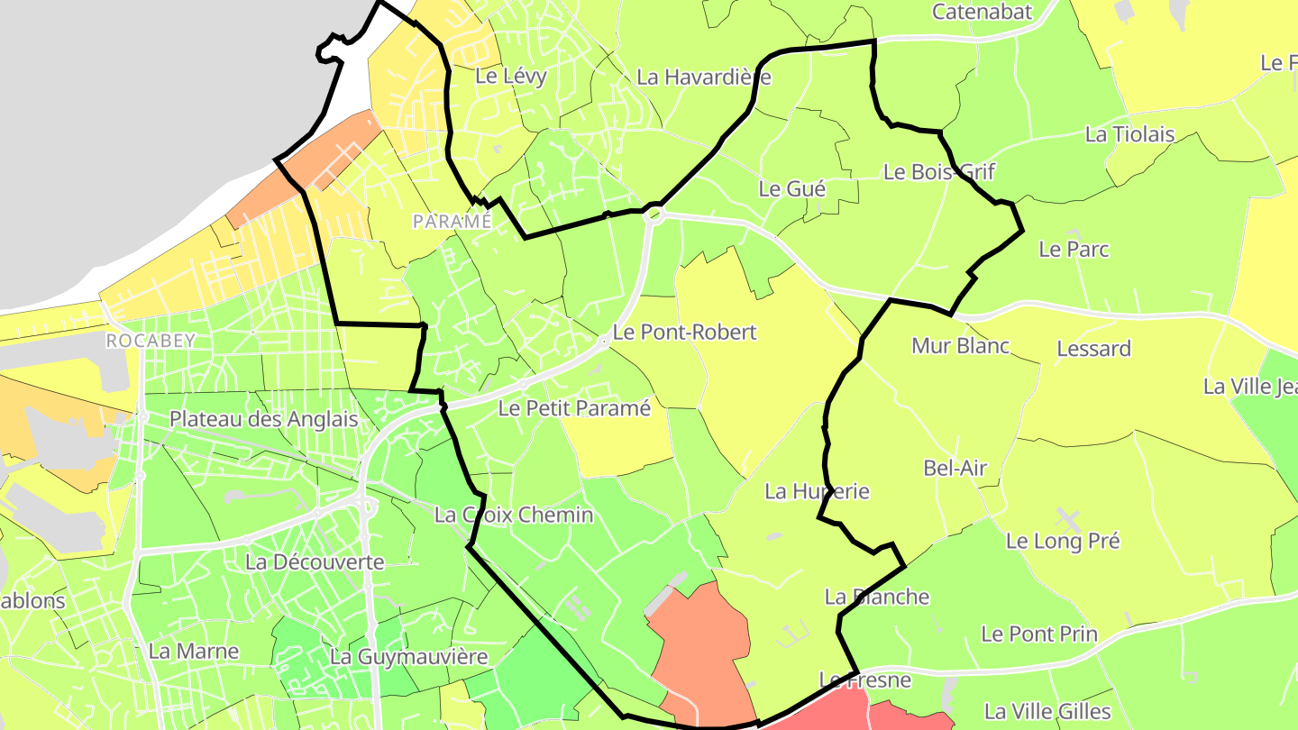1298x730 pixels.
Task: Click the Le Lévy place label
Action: coord(510,76)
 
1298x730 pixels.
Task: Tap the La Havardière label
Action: coord(703,78)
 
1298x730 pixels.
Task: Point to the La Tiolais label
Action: coord(1129,134)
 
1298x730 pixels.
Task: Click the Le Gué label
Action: coord(792,188)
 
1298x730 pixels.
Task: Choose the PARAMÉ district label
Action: coord(452,221)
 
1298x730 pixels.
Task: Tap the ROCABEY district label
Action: coord(151,341)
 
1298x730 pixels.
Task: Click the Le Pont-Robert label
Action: coord(684,332)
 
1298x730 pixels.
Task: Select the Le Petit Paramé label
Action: coord(574,408)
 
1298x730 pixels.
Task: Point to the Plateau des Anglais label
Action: coord(263,419)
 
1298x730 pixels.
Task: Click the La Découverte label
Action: coord(315,562)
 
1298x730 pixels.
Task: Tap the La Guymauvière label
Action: coord(408,657)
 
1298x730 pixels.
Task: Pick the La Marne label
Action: coord(194,651)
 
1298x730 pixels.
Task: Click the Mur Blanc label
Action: coord(960,345)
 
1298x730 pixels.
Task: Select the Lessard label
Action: coord(1093,348)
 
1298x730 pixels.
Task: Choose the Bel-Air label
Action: coord(955,468)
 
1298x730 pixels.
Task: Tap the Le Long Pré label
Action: coord(1063,541)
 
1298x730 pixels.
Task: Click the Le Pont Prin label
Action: coord(1039,634)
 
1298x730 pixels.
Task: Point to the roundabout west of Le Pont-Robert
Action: coord(604,341)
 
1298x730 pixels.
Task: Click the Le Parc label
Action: coord(1074,249)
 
